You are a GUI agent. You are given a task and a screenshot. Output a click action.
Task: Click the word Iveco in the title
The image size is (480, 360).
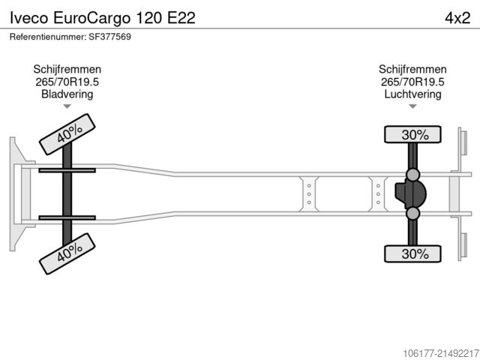point(28,18)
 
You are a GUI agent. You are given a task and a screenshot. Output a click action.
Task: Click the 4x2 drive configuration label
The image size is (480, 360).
point(457,18)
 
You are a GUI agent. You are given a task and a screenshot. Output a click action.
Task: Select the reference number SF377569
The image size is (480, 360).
point(110,37)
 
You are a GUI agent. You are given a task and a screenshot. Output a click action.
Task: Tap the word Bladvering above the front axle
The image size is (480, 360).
point(67,94)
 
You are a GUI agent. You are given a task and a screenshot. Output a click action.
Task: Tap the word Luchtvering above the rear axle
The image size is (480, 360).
point(412,94)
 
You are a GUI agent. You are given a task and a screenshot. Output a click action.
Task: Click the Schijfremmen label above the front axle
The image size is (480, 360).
point(67,69)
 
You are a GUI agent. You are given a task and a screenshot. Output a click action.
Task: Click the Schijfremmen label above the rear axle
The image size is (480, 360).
point(412,69)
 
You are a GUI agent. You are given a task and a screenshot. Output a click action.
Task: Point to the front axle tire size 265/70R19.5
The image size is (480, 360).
point(67,82)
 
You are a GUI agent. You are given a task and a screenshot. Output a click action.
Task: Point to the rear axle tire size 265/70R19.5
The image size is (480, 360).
point(412,82)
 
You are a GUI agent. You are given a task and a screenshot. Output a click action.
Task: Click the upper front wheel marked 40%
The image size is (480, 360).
point(67,134)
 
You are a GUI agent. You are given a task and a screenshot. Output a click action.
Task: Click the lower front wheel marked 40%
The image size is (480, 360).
point(67,253)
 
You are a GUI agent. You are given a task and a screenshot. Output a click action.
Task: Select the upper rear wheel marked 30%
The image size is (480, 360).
point(412,134)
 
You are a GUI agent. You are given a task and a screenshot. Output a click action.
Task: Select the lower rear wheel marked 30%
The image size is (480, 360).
point(412,253)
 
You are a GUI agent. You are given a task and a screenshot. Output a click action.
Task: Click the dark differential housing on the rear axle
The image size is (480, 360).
point(410,193)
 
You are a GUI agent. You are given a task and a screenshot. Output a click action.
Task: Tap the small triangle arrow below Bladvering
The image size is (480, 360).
point(67,106)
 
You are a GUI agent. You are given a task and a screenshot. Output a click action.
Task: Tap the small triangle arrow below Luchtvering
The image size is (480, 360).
point(412,106)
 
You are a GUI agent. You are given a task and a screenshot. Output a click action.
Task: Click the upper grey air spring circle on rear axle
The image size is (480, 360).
point(412,175)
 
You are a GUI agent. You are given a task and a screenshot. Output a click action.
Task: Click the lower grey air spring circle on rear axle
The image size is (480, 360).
point(412,213)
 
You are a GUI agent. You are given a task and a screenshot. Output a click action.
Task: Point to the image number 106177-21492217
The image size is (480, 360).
point(441,353)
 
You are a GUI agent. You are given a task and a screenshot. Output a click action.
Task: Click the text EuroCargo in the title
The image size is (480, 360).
point(91,18)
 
